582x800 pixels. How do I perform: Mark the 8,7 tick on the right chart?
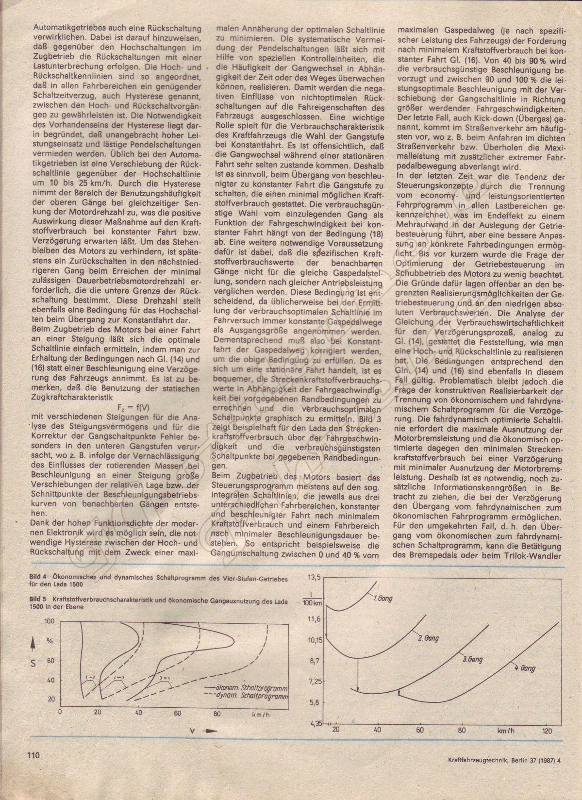click(315, 660)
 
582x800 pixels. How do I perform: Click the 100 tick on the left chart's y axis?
click(49, 621)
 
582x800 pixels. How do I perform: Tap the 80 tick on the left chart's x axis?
click(216, 713)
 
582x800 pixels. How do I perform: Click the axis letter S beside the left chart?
click(33, 662)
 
